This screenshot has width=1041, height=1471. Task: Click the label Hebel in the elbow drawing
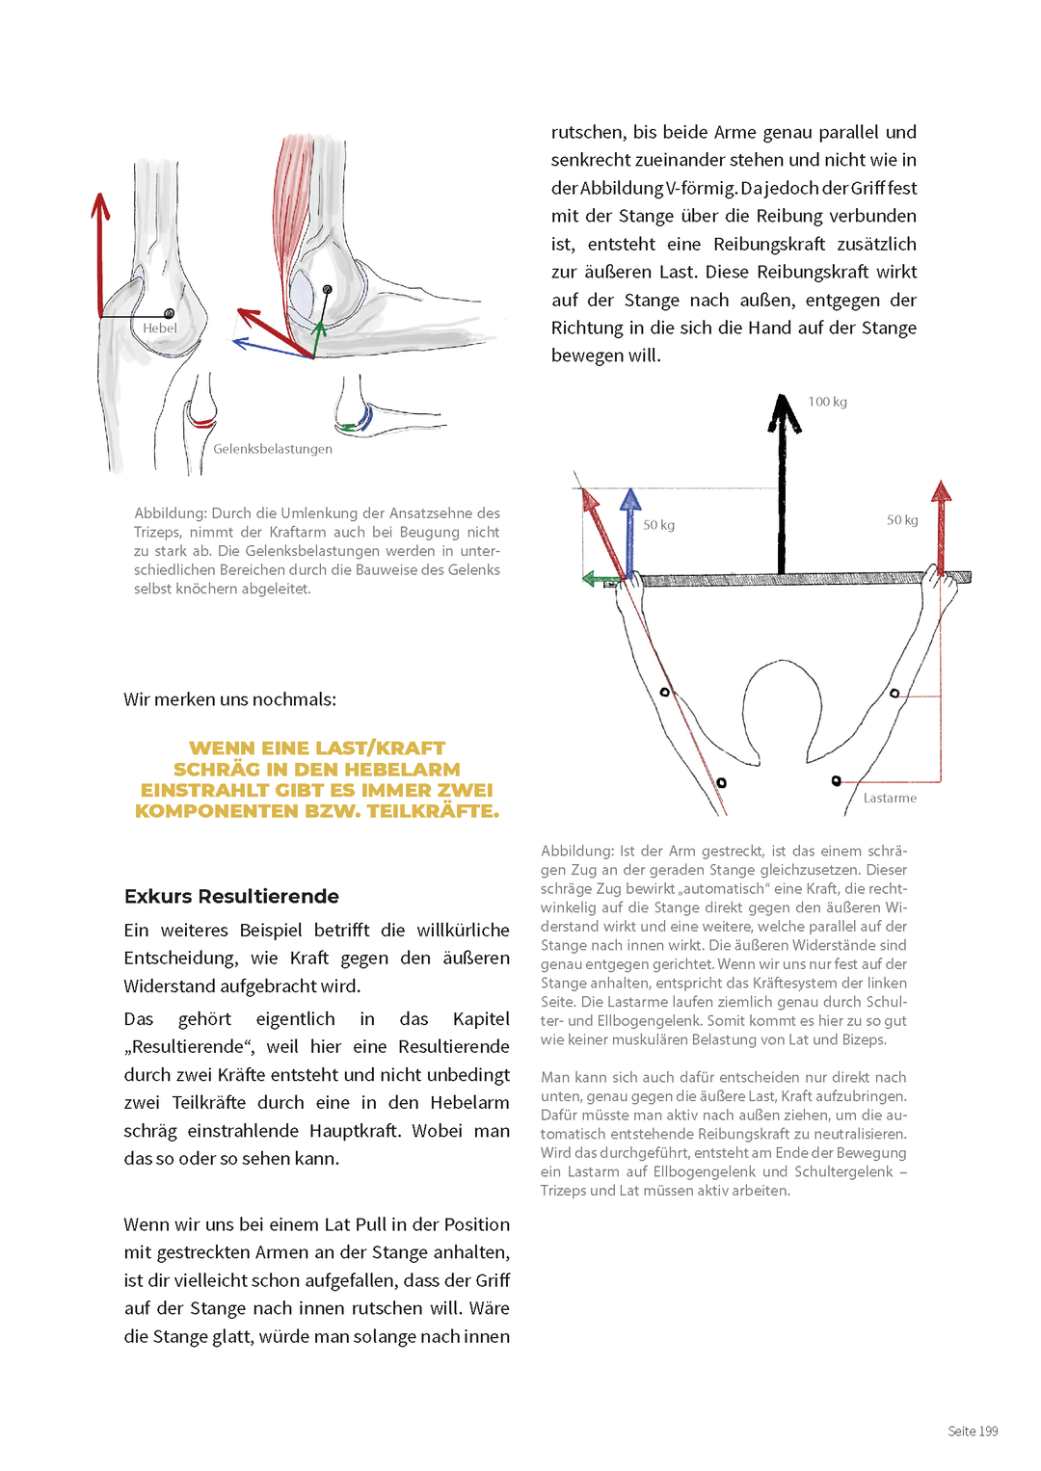[x=160, y=328]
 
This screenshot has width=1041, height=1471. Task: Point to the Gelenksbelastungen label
[x=273, y=449]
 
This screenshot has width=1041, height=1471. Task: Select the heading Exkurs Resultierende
[x=231, y=896]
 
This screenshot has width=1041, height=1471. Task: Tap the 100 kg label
[x=827, y=402]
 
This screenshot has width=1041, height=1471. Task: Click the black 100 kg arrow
[x=783, y=482]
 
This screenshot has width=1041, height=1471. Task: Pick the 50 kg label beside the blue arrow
[x=659, y=525]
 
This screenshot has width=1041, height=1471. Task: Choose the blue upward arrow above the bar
[x=630, y=530]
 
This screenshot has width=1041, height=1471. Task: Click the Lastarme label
[x=890, y=798]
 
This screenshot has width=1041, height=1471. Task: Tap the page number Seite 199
[x=973, y=1431]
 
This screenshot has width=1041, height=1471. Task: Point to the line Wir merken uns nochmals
[x=229, y=699]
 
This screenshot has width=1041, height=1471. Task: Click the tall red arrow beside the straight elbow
[x=100, y=255]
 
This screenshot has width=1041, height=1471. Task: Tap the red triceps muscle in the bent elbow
[x=290, y=193]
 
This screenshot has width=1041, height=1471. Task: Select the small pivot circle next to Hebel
[x=170, y=314]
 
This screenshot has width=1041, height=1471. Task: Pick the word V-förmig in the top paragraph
[x=701, y=188]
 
